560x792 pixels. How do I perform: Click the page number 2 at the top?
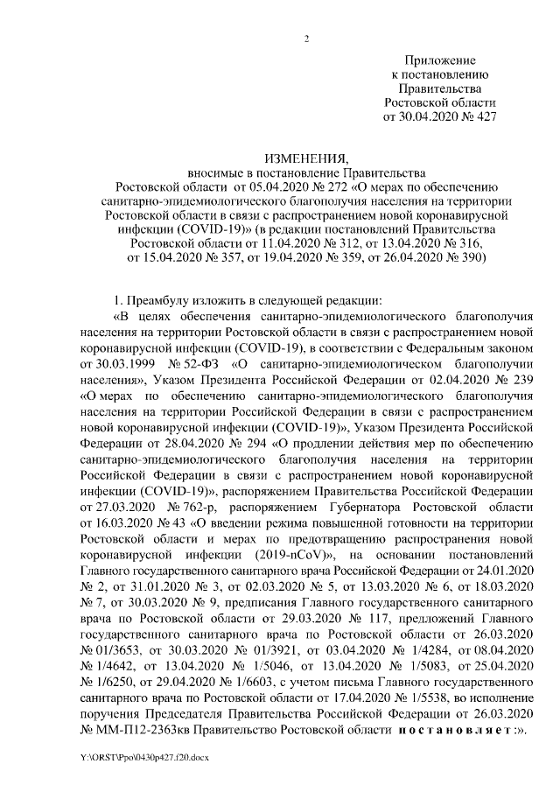pos(306,38)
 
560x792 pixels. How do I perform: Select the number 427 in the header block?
pos(482,116)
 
